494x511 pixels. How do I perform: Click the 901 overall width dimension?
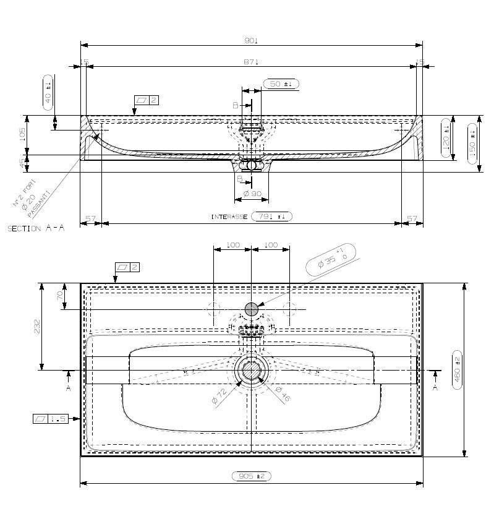[x=251, y=40]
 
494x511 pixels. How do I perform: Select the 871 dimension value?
[x=251, y=62]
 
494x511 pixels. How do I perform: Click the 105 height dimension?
[x=23, y=134]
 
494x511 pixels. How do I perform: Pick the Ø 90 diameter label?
[x=252, y=194]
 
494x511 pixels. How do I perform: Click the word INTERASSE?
[x=229, y=217]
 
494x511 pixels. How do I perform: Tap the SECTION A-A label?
[x=36, y=228]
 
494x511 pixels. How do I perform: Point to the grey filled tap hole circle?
[x=252, y=309]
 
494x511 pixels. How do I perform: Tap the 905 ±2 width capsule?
[x=251, y=476]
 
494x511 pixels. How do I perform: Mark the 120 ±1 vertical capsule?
[x=446, y=135]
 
